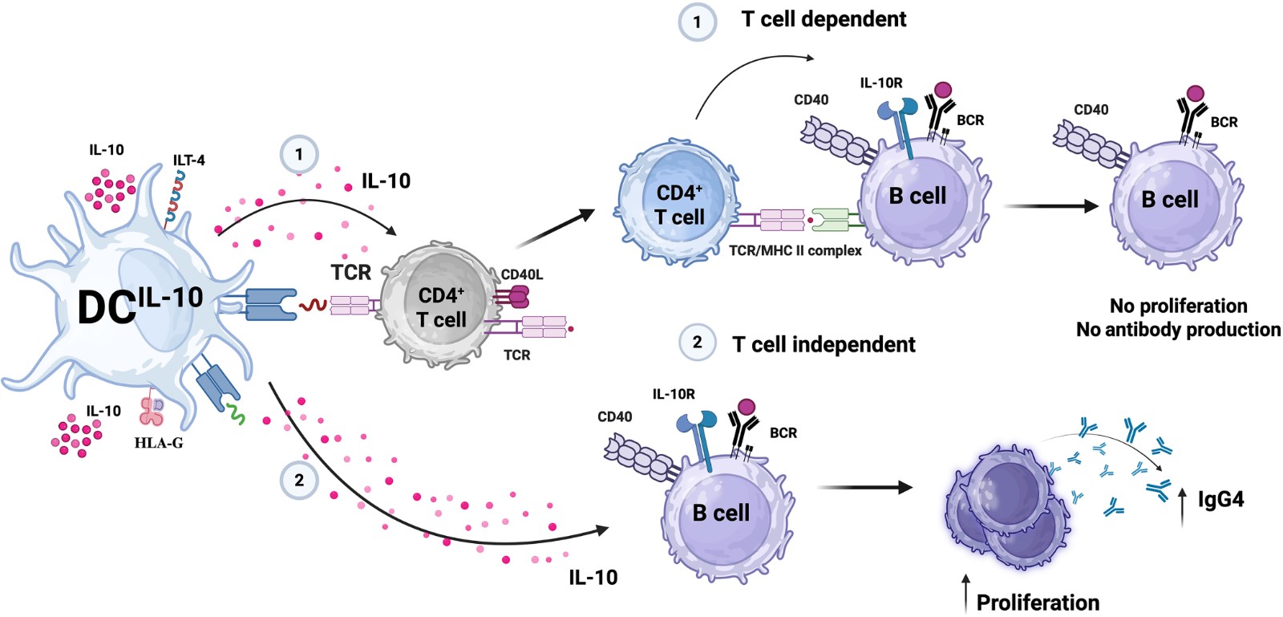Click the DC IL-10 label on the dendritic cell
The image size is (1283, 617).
(x=140, y=306)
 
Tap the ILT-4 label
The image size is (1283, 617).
(x=188, y=160)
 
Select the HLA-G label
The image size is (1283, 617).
(x=159, y=442)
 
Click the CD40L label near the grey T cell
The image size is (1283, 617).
(x=522, y=274)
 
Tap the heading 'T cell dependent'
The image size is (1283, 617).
(x=824, y=19)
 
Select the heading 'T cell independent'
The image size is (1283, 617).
(x=824, y=345)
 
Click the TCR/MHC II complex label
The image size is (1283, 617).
(x=795, y=250)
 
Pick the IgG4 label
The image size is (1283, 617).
(x=1220, y=500)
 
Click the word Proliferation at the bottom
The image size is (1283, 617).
(x=1038, y=603)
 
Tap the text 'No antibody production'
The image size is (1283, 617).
(x=1178, y=330)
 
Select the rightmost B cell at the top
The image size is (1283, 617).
(x=1170, y=200)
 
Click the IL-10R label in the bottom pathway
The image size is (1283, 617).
(x=674, y=394)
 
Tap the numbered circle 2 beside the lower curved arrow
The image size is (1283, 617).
(x=299, y=480)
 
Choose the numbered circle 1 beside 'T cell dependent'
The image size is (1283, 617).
(x=697, y=22)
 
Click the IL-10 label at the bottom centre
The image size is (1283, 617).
(x=593, y=577)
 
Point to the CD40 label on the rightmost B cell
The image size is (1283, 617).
(x=1091, y=110)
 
